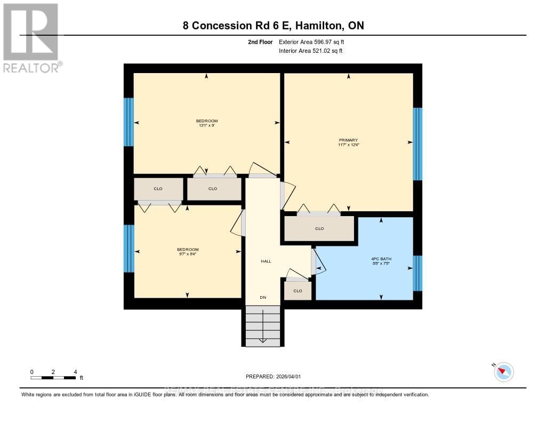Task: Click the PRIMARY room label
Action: pos(348,140)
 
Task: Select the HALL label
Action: pos(266,261)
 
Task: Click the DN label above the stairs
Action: pos(263,297)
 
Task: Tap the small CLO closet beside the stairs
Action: pos(298,291)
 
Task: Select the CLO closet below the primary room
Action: pos(319,228)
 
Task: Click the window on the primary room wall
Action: pos(417,144)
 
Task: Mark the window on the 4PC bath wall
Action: pos(417,273)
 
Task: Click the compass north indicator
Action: pos(503,371)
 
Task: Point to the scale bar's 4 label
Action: pos(75,372)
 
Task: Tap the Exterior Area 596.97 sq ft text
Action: pos(315,42)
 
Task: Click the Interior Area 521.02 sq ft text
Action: pos(311,51)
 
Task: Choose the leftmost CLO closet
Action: pos(158,188)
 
